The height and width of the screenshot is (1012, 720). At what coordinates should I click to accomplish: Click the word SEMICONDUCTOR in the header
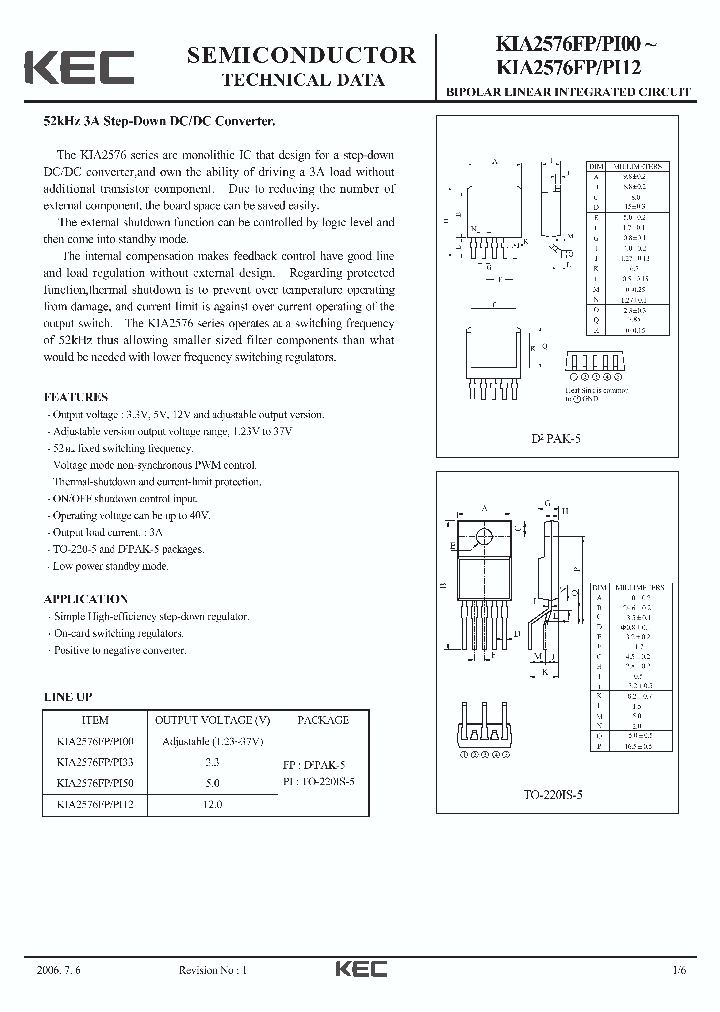tap(301, 56)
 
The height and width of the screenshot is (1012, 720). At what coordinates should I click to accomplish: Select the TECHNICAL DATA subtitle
tap(302, 81)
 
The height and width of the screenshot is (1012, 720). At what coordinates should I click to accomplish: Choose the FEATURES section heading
tap(76, 397)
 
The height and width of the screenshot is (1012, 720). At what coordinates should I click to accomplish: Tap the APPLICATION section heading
tap(86, 599)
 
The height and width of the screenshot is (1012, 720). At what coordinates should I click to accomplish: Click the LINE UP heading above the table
tap(69, 696)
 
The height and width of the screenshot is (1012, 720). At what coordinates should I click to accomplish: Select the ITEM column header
tap(93, 720)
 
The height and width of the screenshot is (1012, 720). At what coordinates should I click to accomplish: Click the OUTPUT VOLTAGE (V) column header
tap(212, 720)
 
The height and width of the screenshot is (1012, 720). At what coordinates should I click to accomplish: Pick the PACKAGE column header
tap(323, 720)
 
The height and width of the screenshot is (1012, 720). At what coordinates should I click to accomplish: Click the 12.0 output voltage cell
tap(212, 804)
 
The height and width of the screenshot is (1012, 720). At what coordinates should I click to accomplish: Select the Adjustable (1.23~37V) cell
tap(212, 741)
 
